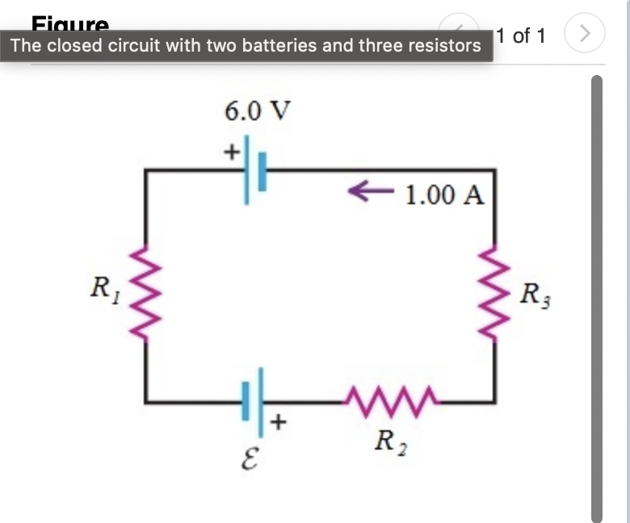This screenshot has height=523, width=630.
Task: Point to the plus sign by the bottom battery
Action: (279, 421)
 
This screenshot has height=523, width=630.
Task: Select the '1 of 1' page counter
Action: (522, 36)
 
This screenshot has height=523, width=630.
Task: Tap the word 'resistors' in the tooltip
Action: (442, 45)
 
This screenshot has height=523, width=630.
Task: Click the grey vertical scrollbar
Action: (598, 299)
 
